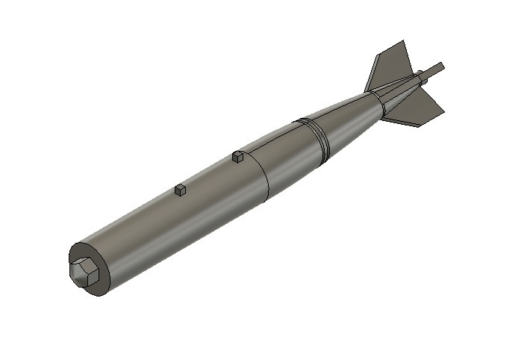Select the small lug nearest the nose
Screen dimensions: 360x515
point(180,191)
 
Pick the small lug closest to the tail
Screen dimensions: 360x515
point(237,157)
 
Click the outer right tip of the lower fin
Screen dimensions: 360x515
point(443,111)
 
